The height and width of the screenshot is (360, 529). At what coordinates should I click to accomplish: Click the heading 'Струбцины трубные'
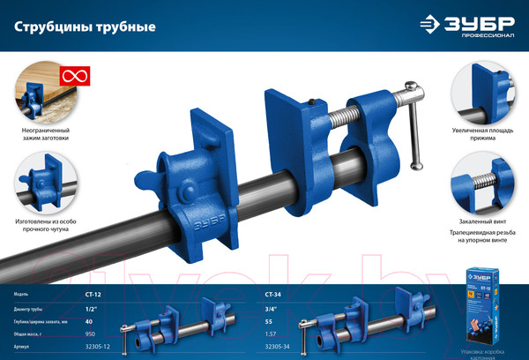tap(86, 27)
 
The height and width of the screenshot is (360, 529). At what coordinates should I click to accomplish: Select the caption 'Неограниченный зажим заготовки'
tap(44, 134)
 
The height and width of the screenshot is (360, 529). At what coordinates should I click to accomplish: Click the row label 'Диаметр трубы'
tap(32, 308)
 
